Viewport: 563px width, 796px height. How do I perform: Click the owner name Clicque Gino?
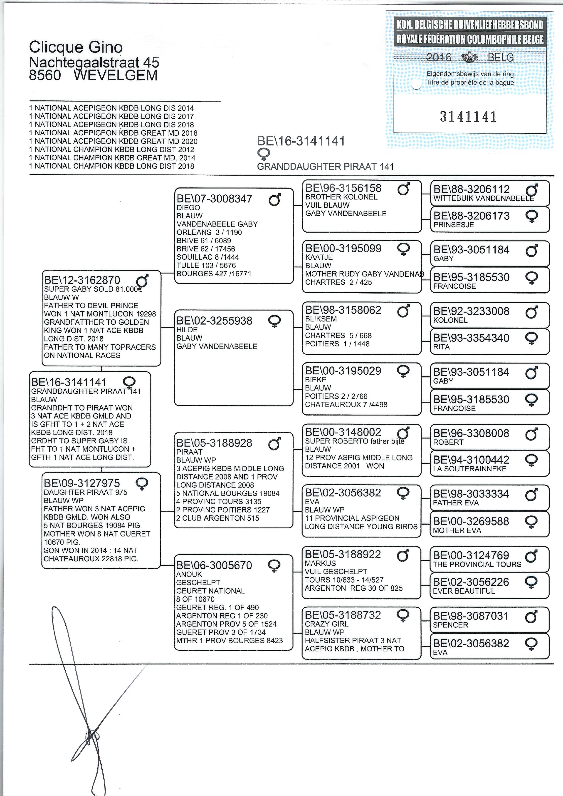pos(76,47)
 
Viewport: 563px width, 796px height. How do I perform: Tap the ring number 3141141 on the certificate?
pos(468,117)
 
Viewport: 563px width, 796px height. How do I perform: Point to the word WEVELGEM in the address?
pos(116,75)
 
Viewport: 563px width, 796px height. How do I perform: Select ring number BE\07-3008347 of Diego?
pos(215,199)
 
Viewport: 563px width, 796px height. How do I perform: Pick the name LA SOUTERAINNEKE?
pos(469,469)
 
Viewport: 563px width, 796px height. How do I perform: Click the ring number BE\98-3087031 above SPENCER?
pos(471,616)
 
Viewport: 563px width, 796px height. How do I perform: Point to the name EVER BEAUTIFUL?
pos(464,591)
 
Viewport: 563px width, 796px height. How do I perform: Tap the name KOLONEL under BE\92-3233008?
pos(450,320)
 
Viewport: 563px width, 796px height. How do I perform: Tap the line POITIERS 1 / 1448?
pos(337,344)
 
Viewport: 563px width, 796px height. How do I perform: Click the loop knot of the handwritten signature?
pos(92,735)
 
